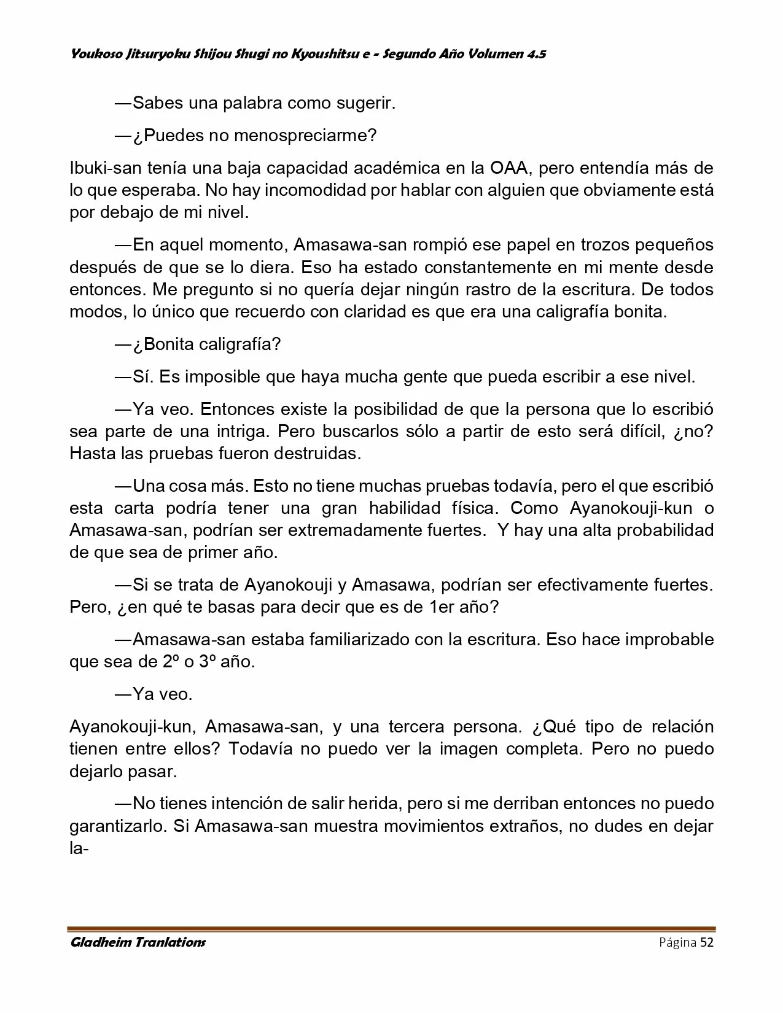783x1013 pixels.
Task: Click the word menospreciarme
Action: pyautogui.click(x=299, y=136)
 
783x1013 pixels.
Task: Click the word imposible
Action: pyautogui.click(x=222, y=376)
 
